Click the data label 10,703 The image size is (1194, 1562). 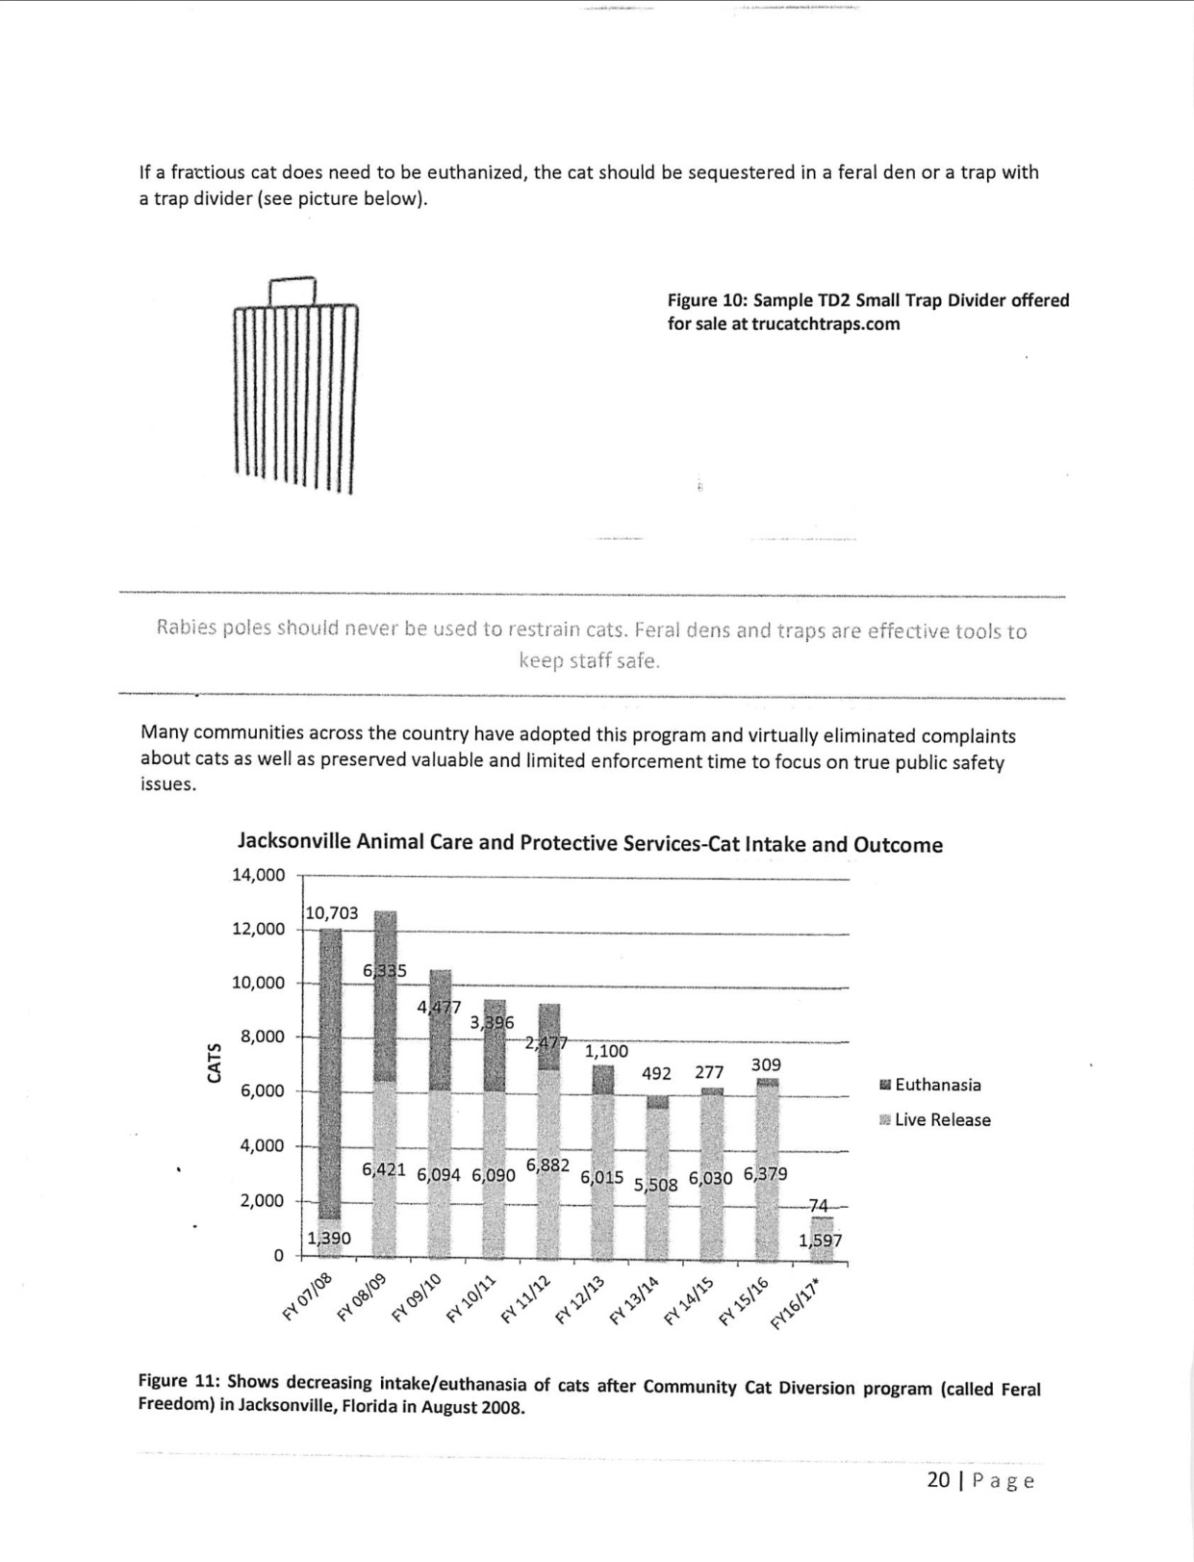pos(332,912)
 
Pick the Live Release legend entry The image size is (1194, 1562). pos(934,1119)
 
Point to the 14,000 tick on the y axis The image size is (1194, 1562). pos(259,875)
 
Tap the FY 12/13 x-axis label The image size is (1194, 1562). pos(579,1297)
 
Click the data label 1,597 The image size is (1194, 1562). pos(821,1240)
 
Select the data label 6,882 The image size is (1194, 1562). pos(547,1165)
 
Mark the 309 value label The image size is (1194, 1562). pos(766,1064)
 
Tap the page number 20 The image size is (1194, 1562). pos(938,1479)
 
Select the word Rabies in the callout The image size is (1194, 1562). pos(186,627)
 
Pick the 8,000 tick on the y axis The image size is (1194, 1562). pos(263,1037)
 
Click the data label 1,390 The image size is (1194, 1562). pos(329,1238)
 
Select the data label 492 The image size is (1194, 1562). pos(656,1073)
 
